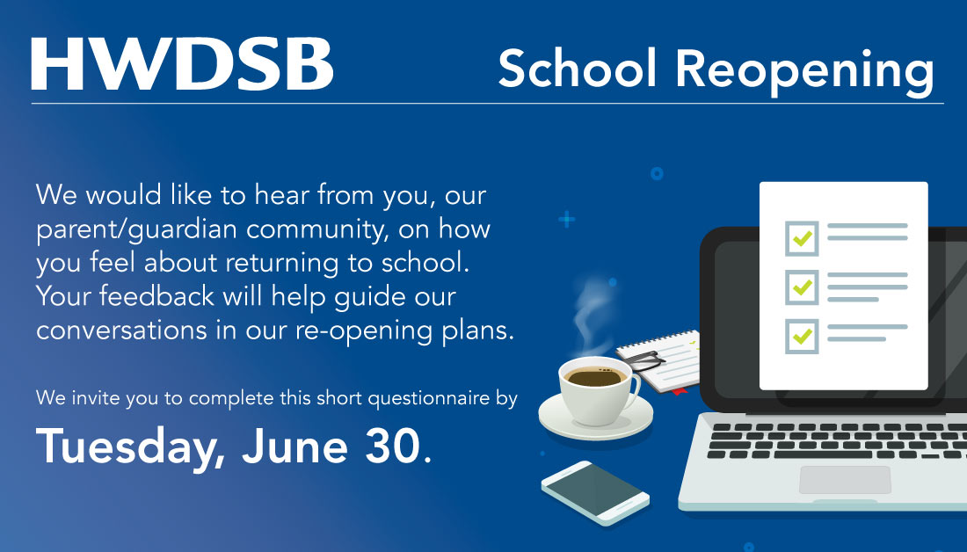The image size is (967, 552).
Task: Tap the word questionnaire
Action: coord(429,398)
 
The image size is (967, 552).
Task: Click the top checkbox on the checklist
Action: coord(801,236)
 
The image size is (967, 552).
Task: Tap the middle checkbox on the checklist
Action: coord(801,286)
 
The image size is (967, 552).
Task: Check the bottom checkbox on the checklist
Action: coord(801,336)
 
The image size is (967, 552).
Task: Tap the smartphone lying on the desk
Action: coord(595,492)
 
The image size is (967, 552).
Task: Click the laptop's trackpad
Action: coord(845,480)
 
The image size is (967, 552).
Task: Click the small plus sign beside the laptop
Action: coord(567,219)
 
